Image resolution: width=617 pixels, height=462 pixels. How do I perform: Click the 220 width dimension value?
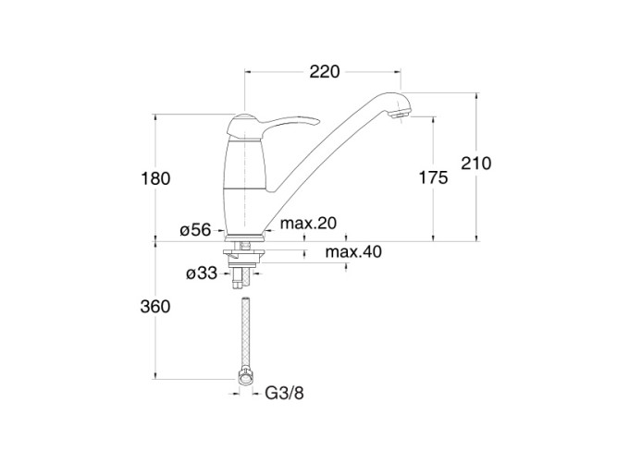click(x=325, y=72)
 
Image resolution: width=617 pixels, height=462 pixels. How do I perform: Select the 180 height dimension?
click(x=155, y=178)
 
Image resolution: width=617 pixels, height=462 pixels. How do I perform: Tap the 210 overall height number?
click(x=476, y=164)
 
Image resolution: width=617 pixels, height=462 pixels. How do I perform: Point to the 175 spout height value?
click(x=433, y=177)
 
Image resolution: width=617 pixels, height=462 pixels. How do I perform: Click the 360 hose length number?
click(x=155, y=307)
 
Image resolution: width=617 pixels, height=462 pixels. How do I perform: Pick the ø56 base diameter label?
click(x=195, y=230)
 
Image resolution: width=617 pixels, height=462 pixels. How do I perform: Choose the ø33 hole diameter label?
click(x=202, y=273)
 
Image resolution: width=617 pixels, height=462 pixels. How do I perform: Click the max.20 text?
click(x=309, y=224)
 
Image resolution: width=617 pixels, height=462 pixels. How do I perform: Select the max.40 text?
click(x=353, y=251)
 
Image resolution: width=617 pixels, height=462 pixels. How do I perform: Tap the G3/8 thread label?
click(x=285, y=393)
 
